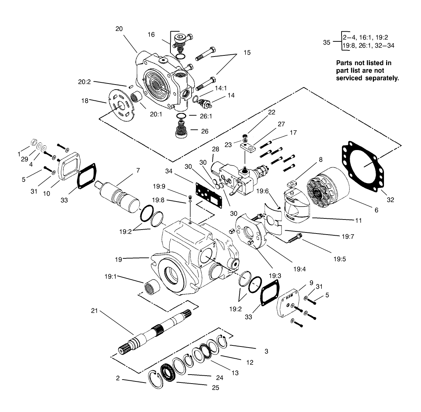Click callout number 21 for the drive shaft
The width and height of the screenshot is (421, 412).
point(94,310)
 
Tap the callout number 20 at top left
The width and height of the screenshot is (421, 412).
point(119,29)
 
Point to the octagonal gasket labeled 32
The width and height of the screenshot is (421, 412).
point(363,166)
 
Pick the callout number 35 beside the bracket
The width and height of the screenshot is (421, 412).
point(326,42)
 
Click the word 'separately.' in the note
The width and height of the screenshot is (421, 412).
point(383,78)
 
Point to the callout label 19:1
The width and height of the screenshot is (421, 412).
point(111,277)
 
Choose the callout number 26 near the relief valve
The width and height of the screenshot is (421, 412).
point(205,131)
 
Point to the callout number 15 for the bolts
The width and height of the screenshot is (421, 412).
point(247,53)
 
